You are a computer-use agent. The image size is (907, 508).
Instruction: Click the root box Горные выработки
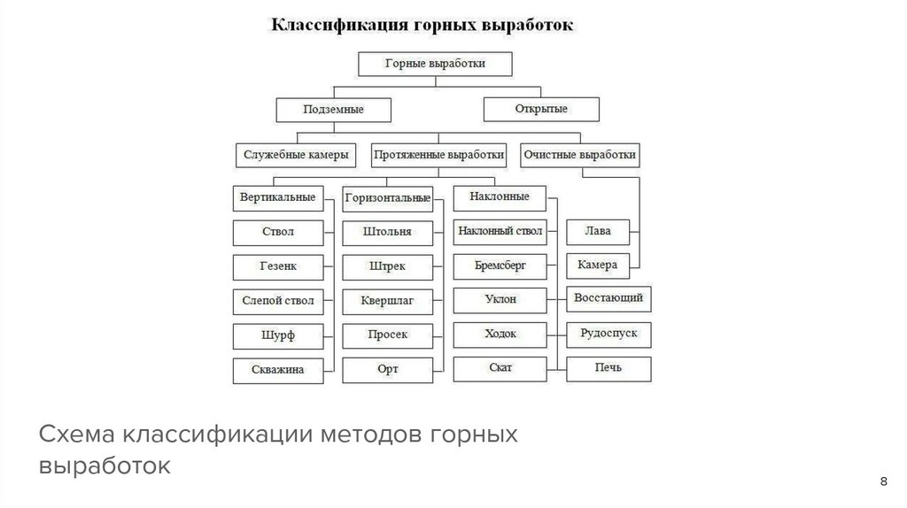434,64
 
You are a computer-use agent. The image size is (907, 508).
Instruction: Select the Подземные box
333,109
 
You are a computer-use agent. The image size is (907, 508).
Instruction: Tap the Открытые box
540,109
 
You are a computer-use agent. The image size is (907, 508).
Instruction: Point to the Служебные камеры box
295,154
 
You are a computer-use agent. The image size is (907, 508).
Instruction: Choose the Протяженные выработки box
439,154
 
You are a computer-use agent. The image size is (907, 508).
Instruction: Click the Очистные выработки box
579,154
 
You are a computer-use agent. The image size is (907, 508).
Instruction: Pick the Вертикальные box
277,197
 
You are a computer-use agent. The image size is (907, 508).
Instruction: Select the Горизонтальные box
388,198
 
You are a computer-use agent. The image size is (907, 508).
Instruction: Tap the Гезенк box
277,266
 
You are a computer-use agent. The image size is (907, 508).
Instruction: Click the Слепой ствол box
277,301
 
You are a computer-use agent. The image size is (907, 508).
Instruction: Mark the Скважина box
277,370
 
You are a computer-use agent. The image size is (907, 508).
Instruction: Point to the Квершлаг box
388,301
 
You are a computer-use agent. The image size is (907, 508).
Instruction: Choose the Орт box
388,369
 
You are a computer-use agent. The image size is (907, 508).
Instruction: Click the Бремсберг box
500,266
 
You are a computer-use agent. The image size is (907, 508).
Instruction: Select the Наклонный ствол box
500,232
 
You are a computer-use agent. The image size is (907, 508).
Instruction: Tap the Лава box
598,232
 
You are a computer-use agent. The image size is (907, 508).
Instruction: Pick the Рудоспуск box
609,335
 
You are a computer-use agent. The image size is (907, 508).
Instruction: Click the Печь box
609,368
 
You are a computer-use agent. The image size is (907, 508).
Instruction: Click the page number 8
883,481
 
